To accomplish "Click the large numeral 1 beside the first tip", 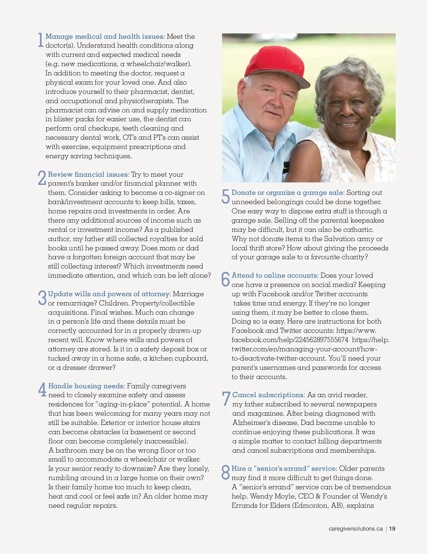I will [40, 40].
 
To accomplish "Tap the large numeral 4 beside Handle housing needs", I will [42, 390].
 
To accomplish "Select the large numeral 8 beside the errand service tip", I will [226, 472].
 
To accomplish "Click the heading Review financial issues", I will [89, 174].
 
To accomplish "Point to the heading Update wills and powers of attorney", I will [109, 294].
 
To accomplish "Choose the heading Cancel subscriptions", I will [269, 395].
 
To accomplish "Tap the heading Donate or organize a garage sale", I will [288, 192].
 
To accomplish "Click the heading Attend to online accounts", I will [275, 275].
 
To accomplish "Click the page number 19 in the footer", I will [392, 528].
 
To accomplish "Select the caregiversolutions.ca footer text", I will [355, 528].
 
